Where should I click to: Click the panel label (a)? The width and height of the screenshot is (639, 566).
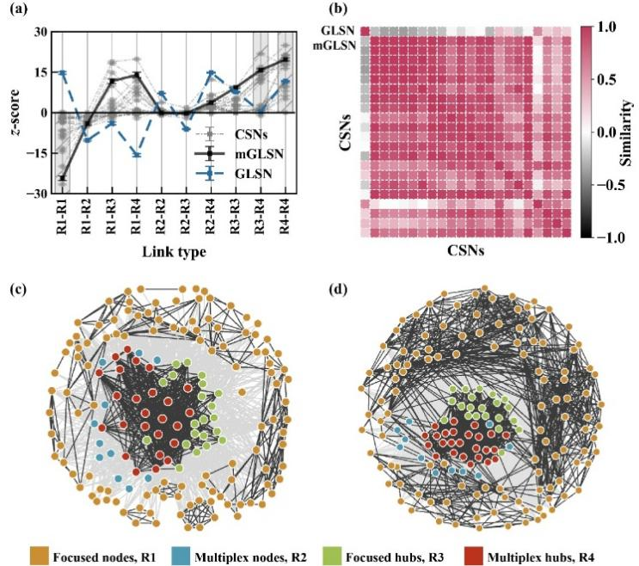[18, 11]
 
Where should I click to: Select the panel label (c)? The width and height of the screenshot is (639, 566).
[18, 288]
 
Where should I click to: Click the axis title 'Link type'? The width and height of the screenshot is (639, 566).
[175, 250]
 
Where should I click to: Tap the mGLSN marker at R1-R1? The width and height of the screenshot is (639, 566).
[62, 178]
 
